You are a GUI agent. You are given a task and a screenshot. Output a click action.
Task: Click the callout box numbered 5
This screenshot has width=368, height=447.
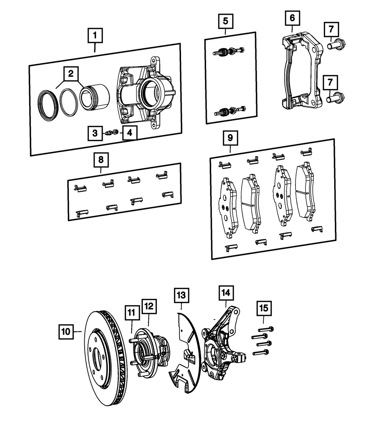(x=225, y=21)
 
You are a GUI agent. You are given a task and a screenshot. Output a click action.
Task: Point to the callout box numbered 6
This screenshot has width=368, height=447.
(x=292, y=17)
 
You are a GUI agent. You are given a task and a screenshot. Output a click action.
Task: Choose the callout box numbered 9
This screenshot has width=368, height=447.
(x=230, y=138)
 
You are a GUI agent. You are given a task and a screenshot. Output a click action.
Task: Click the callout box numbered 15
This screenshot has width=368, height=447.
(x=264, y=307)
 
